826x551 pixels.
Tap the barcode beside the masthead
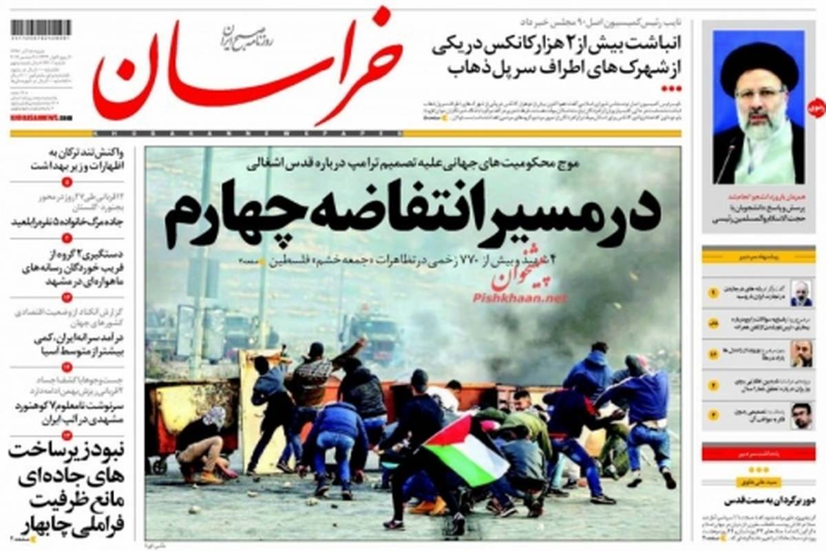pyautogui.click(x=41, y=28)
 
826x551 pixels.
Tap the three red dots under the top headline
pyautogui.click(x=670, y=89)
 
